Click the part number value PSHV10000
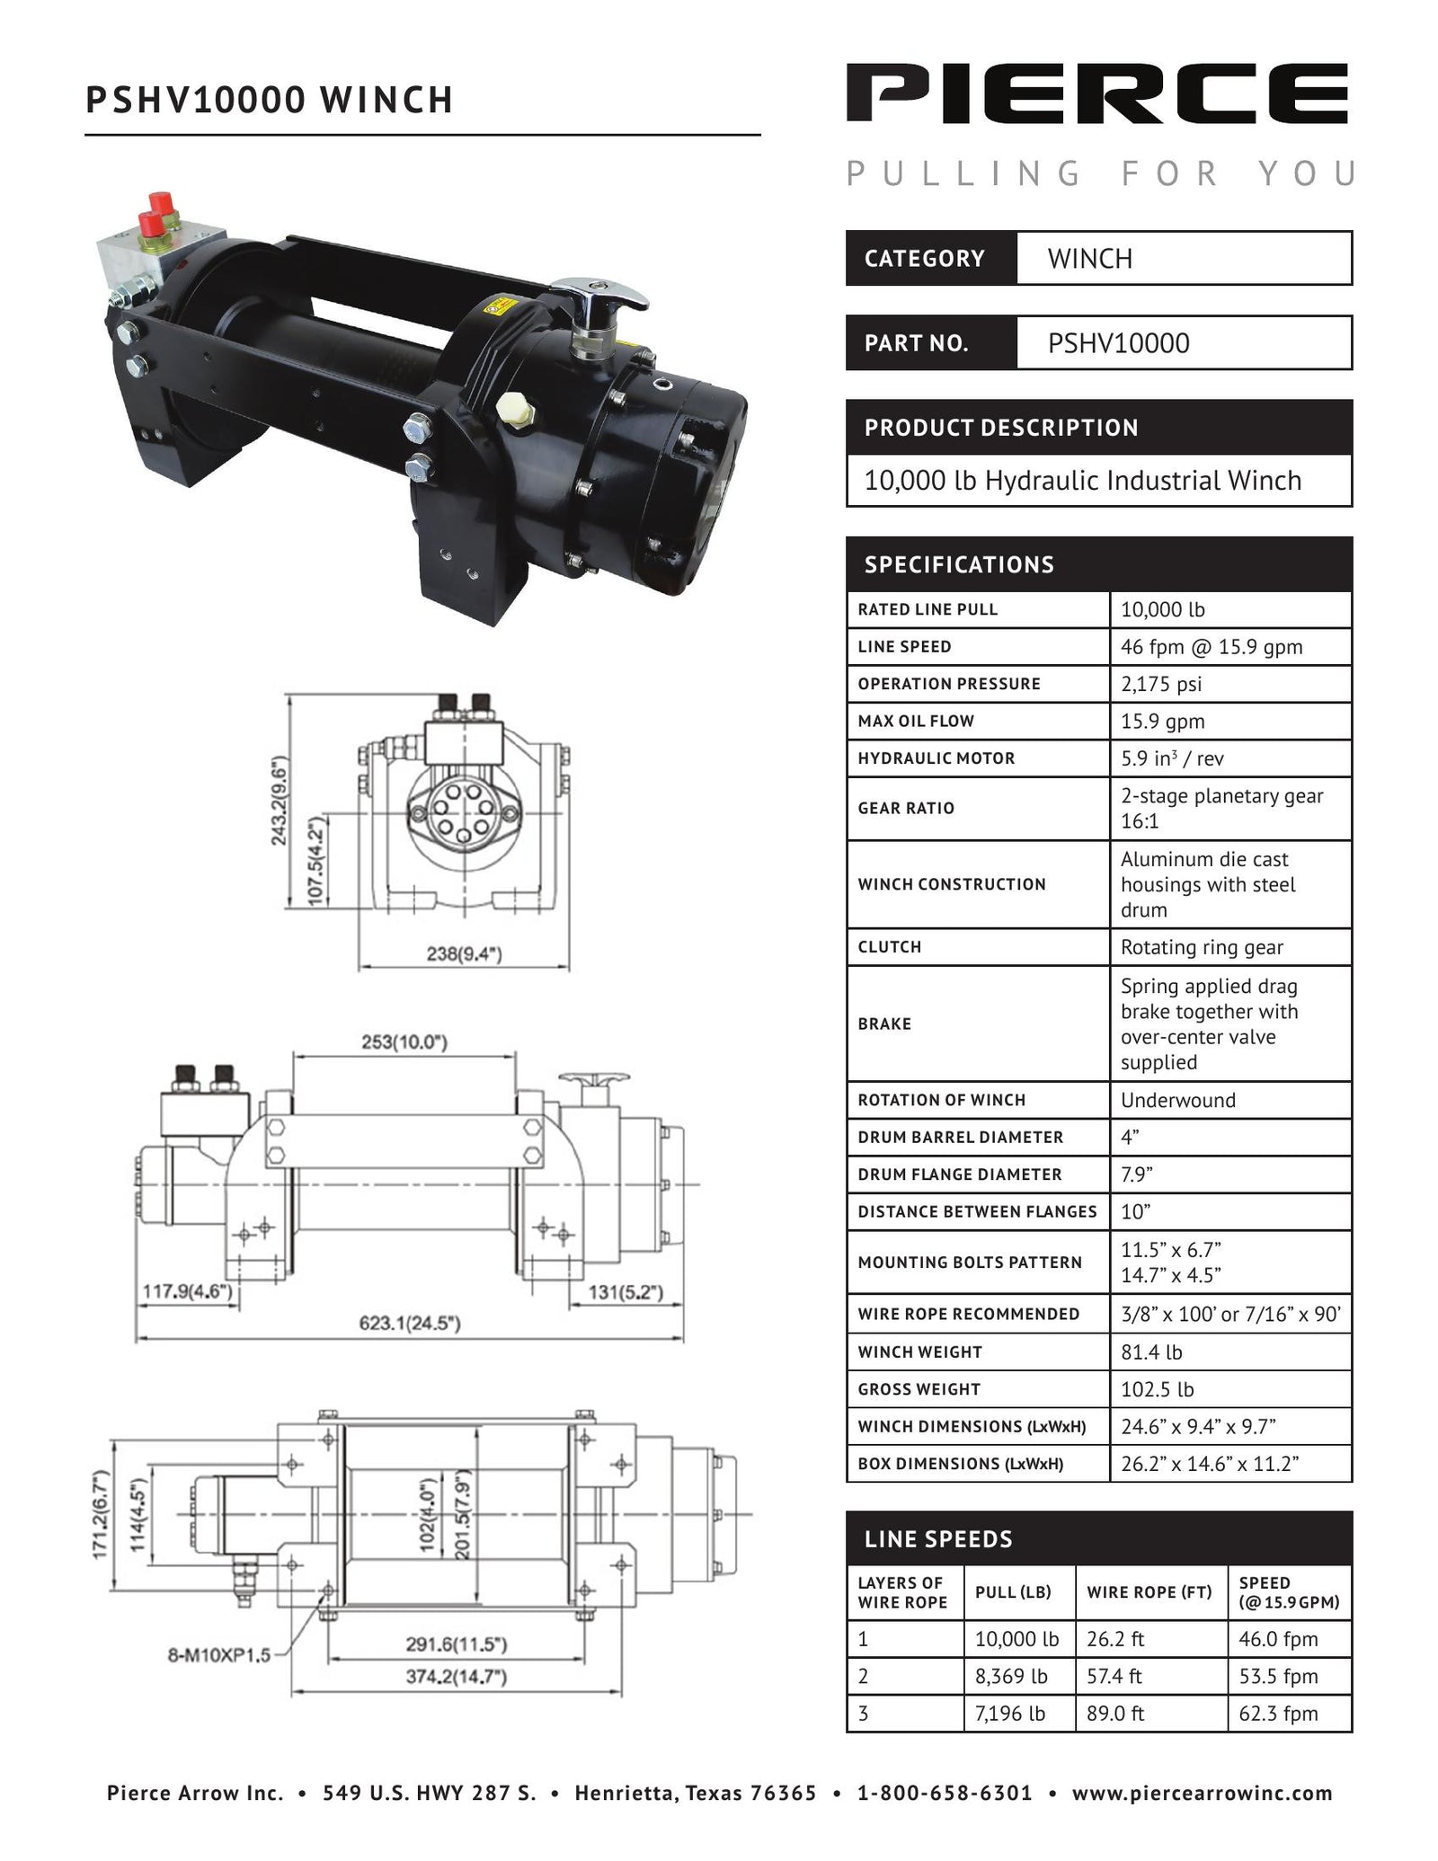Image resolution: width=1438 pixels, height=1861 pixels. (1118, 343)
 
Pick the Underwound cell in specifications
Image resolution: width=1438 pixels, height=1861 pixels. (1177, 1100)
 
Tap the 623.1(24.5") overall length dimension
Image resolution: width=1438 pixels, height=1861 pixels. (410, 1323)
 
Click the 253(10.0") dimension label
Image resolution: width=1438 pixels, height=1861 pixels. (404, 1041)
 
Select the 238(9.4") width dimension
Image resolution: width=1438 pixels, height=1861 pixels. (464, 954)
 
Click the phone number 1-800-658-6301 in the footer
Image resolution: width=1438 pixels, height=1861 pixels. (945, 1794)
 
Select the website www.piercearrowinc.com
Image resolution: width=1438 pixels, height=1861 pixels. (1202, 1794)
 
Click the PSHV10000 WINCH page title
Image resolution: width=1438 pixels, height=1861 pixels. (269, 100)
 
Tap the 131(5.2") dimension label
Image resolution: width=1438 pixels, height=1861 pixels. (626, 1292)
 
